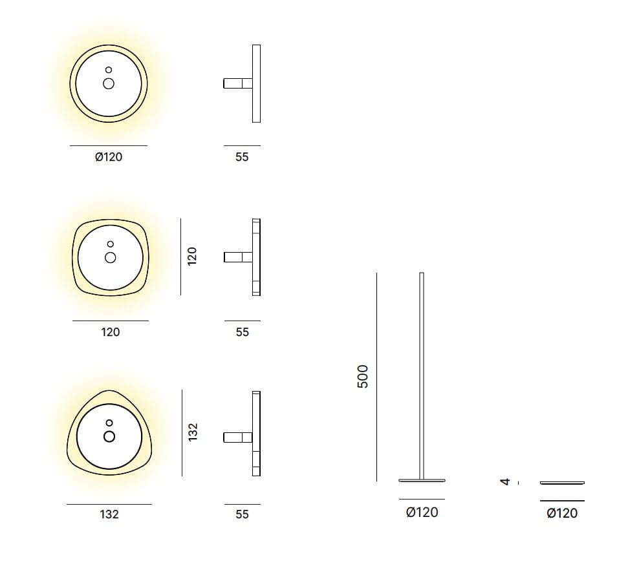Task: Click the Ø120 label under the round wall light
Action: [109, 157]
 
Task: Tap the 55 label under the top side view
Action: [242, 157]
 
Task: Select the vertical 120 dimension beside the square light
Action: [192, 256]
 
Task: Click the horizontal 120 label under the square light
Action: [111, 332]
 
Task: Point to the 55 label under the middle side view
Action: [242, 332]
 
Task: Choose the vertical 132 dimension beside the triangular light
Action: [193, 432]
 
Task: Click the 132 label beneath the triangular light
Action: [109, 514]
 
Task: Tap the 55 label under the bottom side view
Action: [242, 514]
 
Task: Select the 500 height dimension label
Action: [362, 376]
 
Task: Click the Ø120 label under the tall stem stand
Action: [422, 512]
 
